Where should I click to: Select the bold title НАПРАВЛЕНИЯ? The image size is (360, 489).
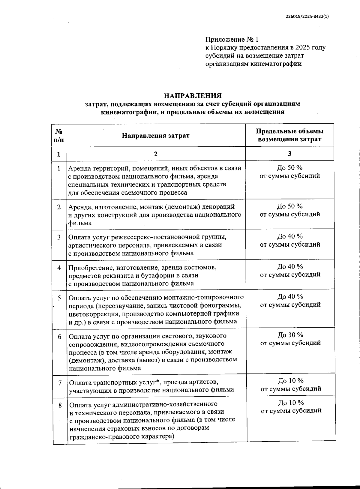193,96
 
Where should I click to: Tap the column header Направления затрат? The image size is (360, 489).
156,135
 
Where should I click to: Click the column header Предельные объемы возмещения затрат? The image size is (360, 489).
289,135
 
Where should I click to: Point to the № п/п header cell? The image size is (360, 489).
59,135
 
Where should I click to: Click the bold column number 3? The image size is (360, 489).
289,154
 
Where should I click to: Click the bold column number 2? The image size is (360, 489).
155,154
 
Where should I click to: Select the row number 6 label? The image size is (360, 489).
59,336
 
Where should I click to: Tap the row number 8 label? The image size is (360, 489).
60,405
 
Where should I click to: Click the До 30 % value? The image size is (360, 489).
290,335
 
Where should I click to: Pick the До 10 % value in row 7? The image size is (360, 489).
291,381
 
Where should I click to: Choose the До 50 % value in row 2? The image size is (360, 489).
289,206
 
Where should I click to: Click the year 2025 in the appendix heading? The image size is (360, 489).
302,47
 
